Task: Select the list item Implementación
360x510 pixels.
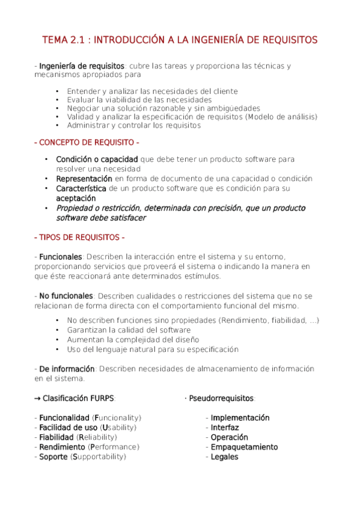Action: (240, 418)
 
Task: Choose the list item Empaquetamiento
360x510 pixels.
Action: (244, 447)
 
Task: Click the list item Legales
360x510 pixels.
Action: (224, 457)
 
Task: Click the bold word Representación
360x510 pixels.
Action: (84, 179)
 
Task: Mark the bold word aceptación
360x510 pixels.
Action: (76, 198)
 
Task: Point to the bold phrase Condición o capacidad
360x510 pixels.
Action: (97, 159)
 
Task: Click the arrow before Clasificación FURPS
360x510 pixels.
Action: (37, 398)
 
